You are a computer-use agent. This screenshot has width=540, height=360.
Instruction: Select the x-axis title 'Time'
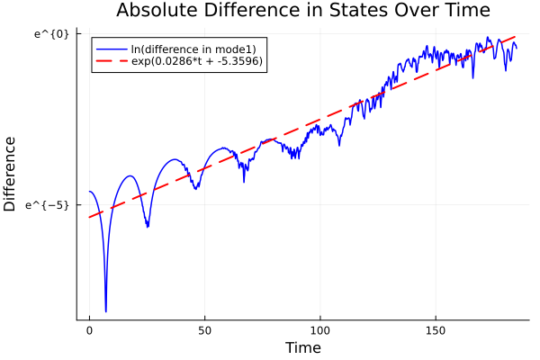pos(302,347)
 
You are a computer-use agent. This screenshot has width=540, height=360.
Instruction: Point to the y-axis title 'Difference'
pos(11,174)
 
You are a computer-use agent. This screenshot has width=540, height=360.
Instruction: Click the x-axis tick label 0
pos(89,330)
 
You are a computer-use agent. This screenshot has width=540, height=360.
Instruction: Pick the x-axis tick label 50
pos(204,330)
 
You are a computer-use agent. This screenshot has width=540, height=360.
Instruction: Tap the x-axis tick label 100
pos(320,330)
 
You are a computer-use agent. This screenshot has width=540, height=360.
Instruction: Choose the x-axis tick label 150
pos(436,330)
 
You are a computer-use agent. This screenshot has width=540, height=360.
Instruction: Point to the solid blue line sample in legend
pos(112,48)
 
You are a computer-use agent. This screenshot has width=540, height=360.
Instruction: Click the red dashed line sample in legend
pos(112,61)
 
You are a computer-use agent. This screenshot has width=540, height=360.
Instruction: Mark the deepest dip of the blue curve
pos(105,311)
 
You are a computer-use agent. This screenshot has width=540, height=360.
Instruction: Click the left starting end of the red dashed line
pos(89,217)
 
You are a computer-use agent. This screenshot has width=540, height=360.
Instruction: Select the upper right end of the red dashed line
pos(516,37)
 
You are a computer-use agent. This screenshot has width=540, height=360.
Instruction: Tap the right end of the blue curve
pos(517,48)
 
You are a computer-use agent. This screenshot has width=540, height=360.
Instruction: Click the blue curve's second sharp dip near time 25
pos(148,227)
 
